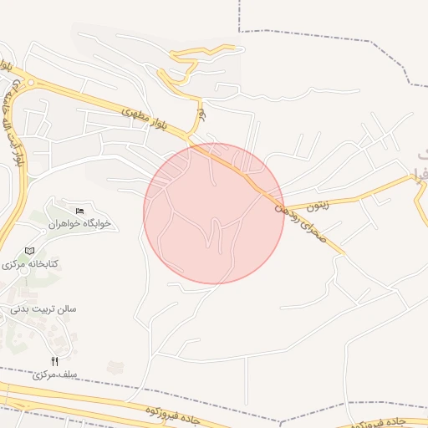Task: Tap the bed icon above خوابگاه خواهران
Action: point(79,210)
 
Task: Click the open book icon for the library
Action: point(30,250)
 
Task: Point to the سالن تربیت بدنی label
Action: point(43,308)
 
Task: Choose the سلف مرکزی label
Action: point(55,374)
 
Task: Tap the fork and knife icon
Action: point(55,361)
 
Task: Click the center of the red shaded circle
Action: point(214,214)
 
